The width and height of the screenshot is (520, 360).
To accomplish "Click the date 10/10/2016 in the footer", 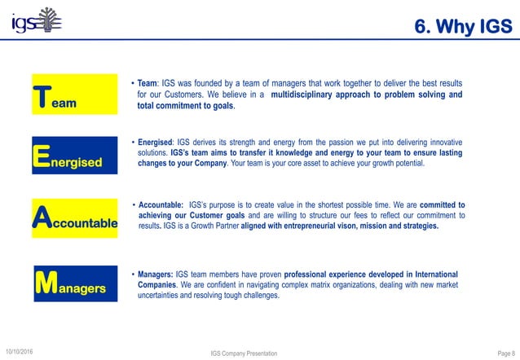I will (x=24, y=351).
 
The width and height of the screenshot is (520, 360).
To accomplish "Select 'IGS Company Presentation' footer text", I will (x=244, y=353).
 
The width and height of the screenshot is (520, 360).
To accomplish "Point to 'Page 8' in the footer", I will (x=506, y=353).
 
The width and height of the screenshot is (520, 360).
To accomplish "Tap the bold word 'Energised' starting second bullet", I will (x=156, y=142).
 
